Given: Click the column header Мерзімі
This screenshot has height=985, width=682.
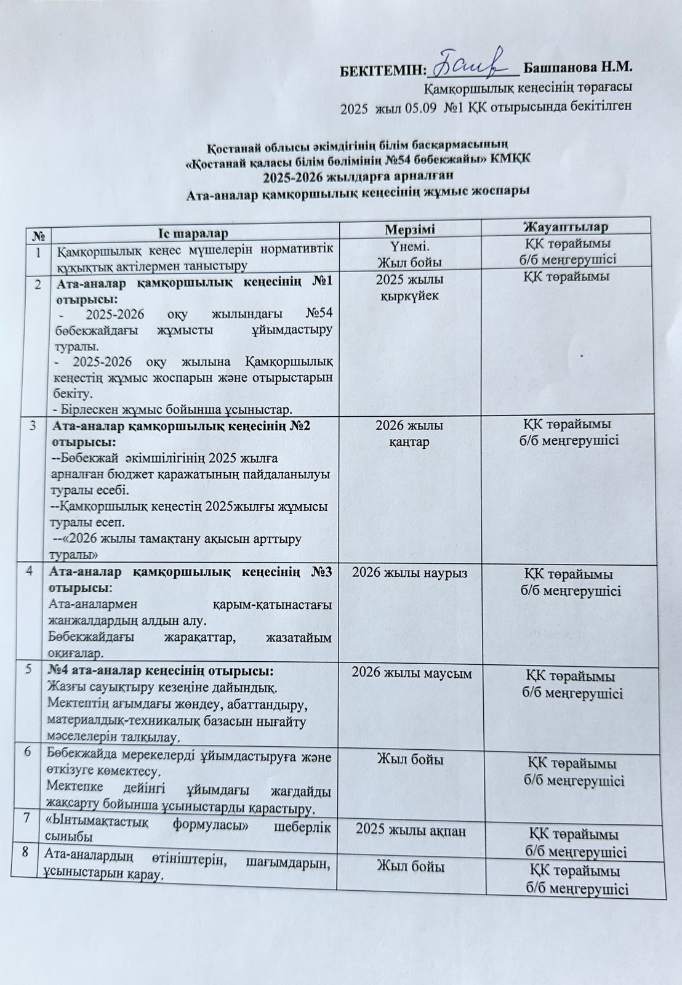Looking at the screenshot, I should pyautogui.click(x=409, y=229).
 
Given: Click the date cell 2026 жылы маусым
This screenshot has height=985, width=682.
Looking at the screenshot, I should pyautogui.click(x=411, y=674).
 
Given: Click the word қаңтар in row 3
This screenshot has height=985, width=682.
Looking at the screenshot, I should pyautogui.click(x=409, y=442).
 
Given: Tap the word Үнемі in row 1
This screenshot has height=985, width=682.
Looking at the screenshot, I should pyautogui.click(x=410, y=247).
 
